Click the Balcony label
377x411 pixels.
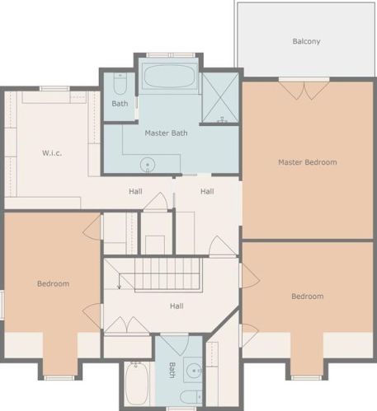coord(306,41)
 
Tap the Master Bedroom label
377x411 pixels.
coord(308,162)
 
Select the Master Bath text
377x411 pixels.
coord(166,133)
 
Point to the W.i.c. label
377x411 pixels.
coord(52,153)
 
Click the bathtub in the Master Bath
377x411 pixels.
coord(169,76)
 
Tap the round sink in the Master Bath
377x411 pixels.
coord(148,165)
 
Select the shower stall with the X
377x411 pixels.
coord(220,97)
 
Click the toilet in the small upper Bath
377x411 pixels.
coord(120,84)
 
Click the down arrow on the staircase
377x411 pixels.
coord(119,282)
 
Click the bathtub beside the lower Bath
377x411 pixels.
coord(137,384)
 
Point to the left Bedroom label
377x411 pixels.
coord(53,283)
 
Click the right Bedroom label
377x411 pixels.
coord(308,297)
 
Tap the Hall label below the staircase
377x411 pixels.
coord(177,306)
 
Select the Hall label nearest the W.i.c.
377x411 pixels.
coord(135,191)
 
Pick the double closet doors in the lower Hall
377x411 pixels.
coord(127,325)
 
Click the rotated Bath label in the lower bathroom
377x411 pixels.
coord(172,370)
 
